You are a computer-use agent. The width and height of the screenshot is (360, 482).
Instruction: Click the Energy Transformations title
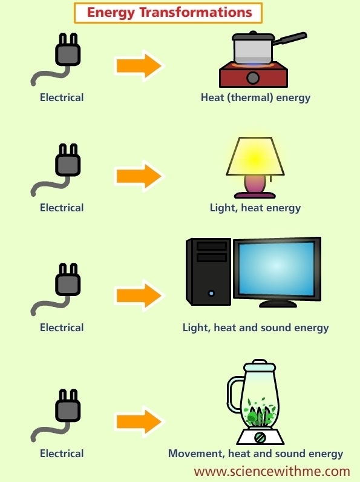click(169, 13)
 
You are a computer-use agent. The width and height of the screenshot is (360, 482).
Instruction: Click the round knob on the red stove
click(253, 78)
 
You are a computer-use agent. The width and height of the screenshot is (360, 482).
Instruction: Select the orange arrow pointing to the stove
click(139, 66)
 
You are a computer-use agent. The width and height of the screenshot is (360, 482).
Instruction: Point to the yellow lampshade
click(255, 156)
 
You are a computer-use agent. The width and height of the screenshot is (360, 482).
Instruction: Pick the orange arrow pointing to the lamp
click(139, 176)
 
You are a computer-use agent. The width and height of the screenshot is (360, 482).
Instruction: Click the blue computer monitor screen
click(277, 269)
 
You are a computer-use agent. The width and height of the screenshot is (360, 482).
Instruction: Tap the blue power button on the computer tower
click(211, 293)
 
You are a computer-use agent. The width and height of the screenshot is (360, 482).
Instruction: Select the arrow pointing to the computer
click(139, 295)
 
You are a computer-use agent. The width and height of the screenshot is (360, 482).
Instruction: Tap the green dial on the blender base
click(261, 437)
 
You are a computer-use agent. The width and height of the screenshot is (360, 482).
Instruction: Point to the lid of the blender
click(260, 365)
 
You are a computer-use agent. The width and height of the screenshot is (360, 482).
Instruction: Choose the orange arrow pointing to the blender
click(139, 421)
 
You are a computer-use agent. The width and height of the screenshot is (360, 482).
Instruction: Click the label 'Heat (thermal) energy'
click(255, 97)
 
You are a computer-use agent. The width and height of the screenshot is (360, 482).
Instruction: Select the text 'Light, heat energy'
click(255, 208)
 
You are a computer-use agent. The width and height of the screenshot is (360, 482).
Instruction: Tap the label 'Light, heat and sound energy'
click(255, 328)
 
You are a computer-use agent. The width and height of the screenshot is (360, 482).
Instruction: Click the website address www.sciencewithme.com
click(272, 472)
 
